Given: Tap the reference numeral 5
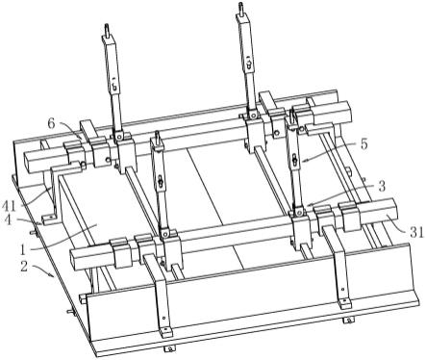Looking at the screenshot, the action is click(363, 144).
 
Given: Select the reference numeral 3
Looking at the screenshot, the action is click(382, 187).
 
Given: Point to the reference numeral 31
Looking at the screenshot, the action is click(417, 232).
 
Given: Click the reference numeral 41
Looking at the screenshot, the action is click(9, 205).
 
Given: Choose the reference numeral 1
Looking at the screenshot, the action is click(23, 249).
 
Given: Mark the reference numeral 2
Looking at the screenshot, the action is click(24, 266).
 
